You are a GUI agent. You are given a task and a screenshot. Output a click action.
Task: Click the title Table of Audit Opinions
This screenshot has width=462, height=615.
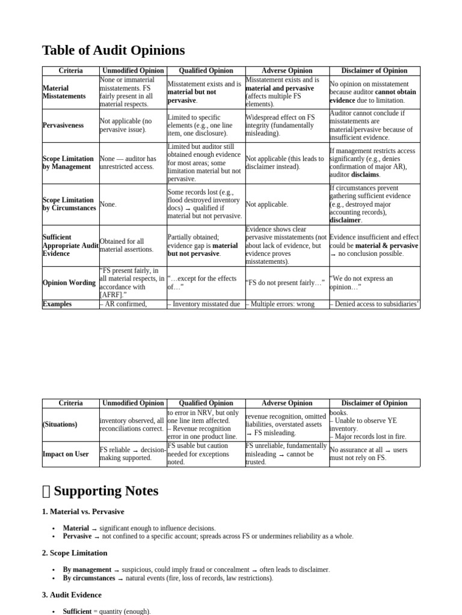click(x=113, y=50)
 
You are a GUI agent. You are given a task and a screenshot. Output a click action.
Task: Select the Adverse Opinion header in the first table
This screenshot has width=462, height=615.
click(x=287, y=71)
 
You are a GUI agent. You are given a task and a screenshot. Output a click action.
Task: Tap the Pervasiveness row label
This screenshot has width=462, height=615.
click(x=63, y=126)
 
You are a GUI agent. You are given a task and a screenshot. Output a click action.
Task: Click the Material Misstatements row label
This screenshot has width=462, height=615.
click(x=64, y=92)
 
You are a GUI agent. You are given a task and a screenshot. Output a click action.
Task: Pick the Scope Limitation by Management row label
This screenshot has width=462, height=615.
click(x=67, y=163)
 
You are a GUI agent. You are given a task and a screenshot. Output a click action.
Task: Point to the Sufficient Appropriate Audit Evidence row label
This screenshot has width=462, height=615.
click(x=70, y=245)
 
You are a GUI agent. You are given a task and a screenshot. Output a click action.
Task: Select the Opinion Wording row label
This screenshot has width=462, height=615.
click(x=69, y=283)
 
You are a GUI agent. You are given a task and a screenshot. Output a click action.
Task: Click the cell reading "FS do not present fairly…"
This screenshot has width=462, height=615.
click(x=285, y=283)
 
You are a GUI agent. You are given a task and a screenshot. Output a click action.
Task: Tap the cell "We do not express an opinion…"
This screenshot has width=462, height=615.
click(x=361, y=282)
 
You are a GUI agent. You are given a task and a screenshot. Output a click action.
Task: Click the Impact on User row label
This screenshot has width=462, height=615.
click(x=66, y=454)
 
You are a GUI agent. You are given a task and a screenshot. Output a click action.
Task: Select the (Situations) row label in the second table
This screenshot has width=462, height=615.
click(x=60, y=424)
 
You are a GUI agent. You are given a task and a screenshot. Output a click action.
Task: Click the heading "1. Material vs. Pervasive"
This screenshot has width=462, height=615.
click(x=83, y=512)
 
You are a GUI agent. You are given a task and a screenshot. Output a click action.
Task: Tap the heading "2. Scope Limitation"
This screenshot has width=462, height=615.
click(x=75, y=553)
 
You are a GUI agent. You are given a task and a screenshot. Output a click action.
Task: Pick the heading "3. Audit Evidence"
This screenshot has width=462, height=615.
click(x=72, y=595)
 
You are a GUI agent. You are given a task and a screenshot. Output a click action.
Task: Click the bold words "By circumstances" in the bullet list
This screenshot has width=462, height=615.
click(x=88, y=578)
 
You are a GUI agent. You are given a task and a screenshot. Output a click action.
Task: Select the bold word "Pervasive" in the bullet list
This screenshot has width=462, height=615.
click(x=77, y=536)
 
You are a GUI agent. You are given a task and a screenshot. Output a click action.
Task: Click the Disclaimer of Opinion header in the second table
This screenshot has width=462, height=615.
click(x=374, y=403)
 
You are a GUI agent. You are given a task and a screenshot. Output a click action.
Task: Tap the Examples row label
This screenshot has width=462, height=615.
click(x=57, y=304)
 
